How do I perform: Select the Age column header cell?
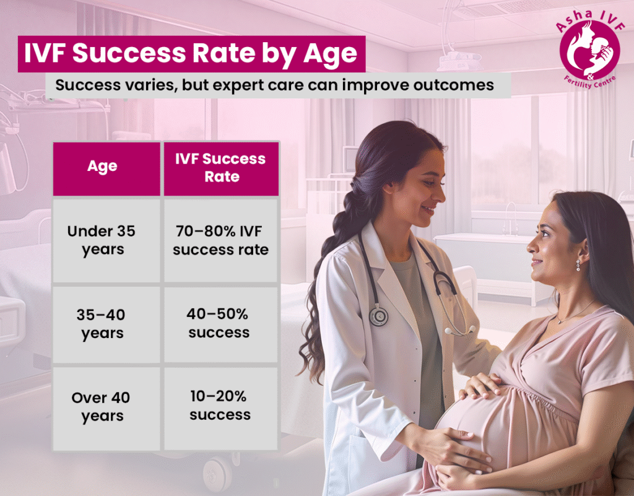tap(103, 168)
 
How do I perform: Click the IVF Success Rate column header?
tap(220, 168)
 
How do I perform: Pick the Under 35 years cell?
tap(102, 240)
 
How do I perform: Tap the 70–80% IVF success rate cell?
tap(220, 240)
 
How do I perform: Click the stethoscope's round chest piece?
tap(378, 316)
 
